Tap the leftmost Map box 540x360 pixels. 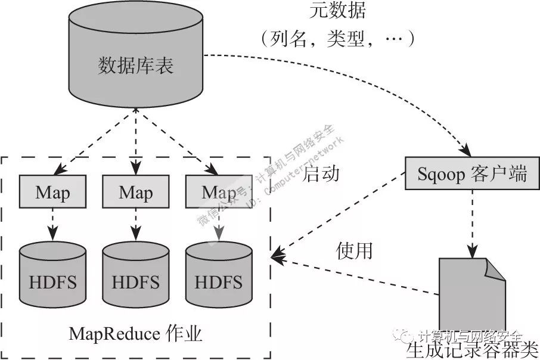52,192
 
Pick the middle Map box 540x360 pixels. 136,192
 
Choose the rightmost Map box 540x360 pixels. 218,192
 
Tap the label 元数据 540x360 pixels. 337,11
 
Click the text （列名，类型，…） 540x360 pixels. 337,39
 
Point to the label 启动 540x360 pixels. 321,173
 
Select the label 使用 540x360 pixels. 354,250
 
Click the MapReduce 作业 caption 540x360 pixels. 136,334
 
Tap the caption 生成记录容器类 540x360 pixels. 472,348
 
